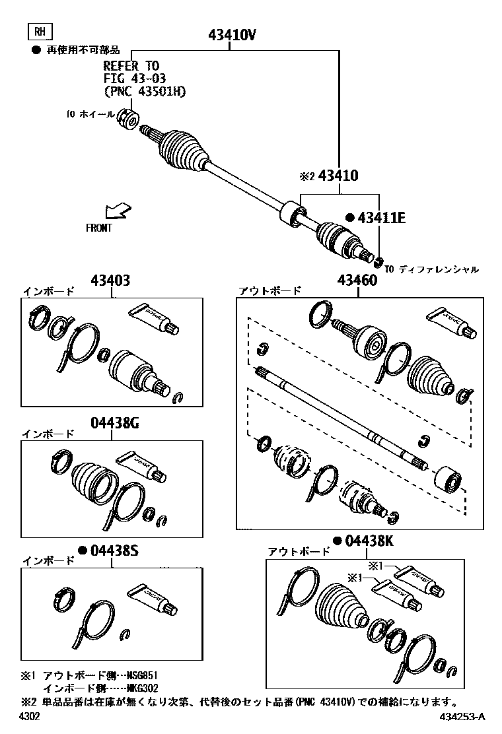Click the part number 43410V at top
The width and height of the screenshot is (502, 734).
click(x=232, y=36)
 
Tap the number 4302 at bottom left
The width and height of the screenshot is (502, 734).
click(x=30, y=717)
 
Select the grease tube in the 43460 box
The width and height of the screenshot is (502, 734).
click(x=451, y=323)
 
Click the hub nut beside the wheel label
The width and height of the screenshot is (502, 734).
click(x=129, y=119)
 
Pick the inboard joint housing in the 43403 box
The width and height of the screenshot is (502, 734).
click(x=134, y=369)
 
